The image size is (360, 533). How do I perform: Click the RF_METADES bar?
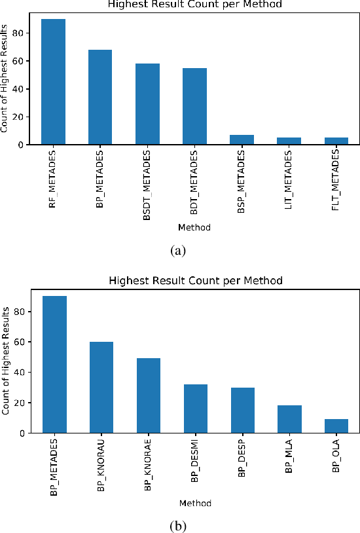tap(54, 82)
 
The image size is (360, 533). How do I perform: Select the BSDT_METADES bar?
tap(148, 104)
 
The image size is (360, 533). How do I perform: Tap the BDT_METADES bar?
tap(195, 106)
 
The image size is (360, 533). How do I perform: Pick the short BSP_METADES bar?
tap(242, 139)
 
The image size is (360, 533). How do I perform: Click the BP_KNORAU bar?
tap(101, 387)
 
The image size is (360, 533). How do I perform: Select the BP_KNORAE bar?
tap(148, 395)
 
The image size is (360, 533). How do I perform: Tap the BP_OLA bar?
tap(336, 426)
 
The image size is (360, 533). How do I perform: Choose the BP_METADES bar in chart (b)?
tap(54, 364)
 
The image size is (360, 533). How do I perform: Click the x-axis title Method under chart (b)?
tap(194, 503)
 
